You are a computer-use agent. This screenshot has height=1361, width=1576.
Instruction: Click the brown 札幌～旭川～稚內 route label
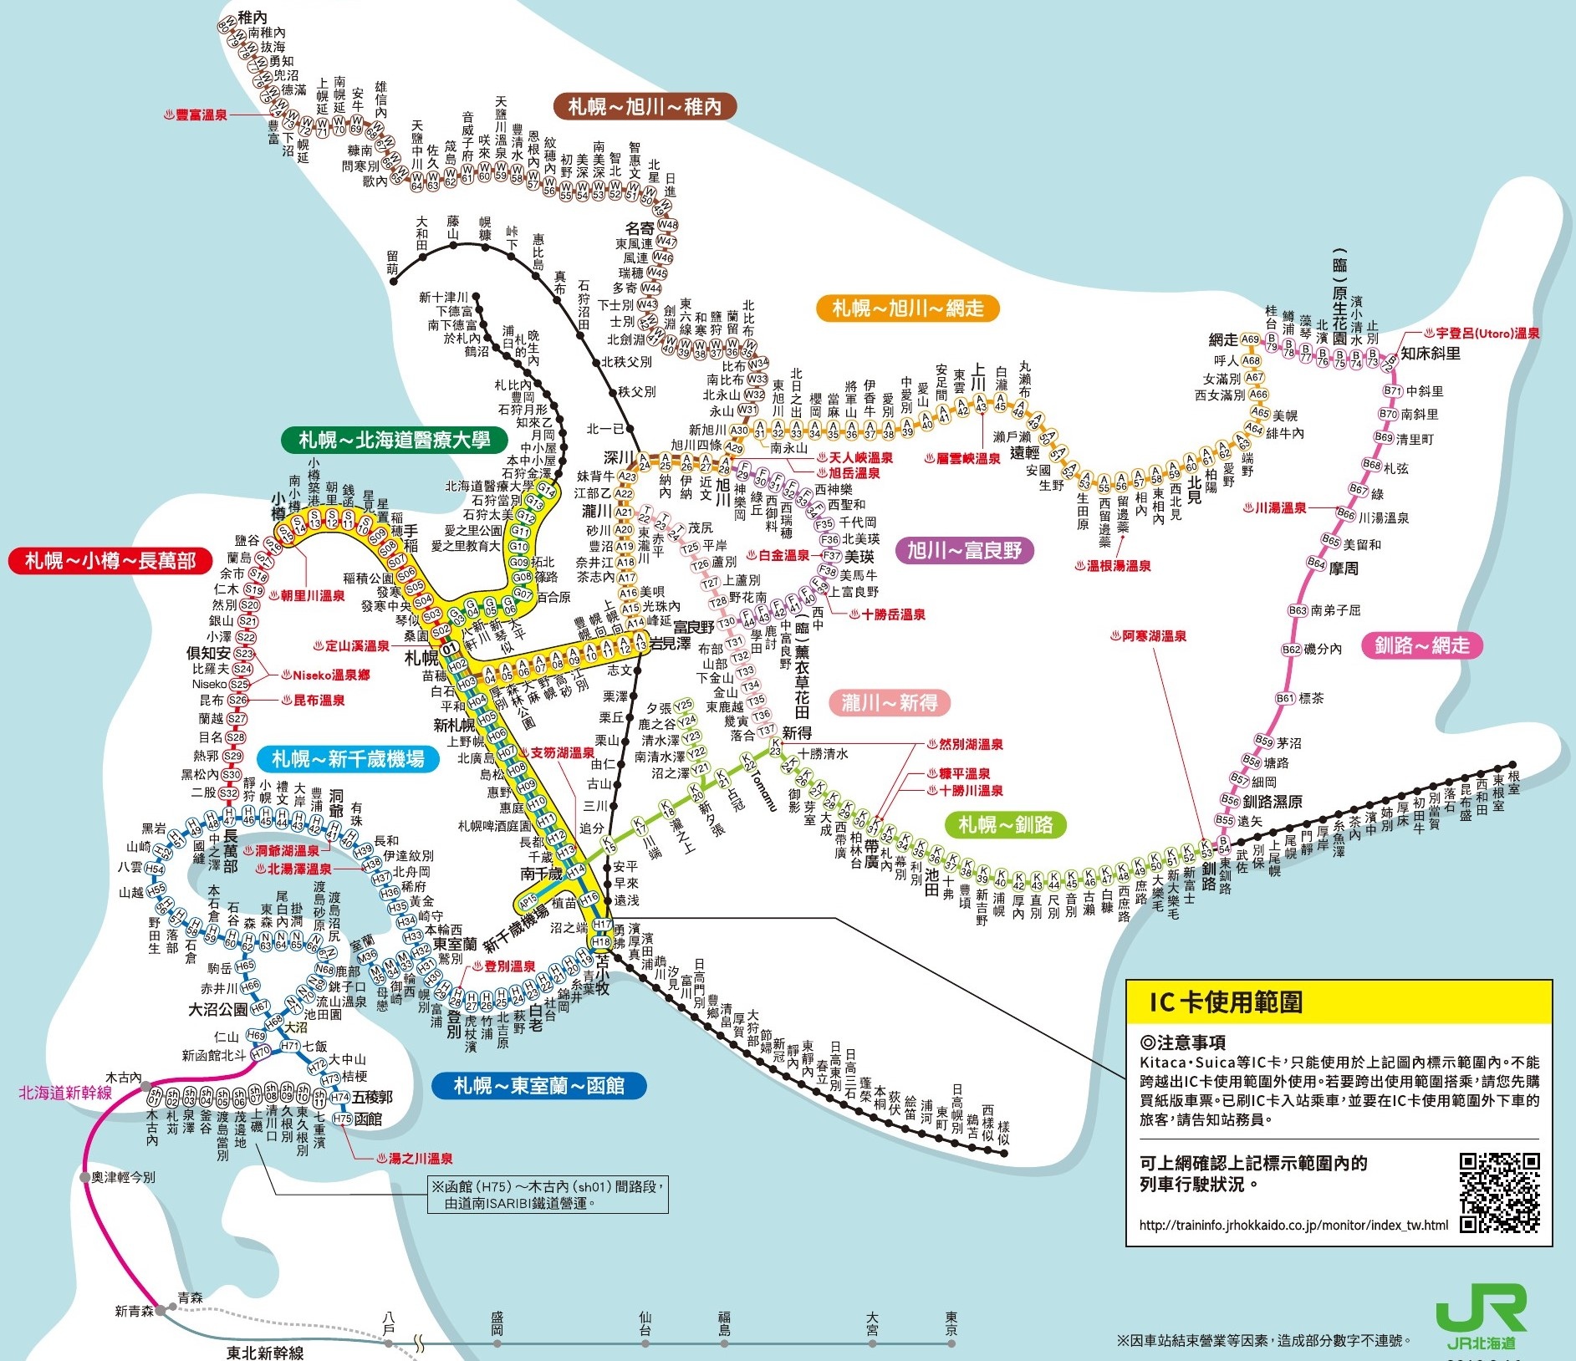tap(644, 106)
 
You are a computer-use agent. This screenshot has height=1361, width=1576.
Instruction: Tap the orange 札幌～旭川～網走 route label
tap(907, 308)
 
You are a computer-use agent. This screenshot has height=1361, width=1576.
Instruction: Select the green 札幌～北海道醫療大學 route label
tap(395, 440)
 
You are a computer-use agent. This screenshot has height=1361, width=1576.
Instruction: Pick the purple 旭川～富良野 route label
tap(964, 550)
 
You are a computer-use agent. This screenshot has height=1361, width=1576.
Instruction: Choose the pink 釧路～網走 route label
tap(1421, 645)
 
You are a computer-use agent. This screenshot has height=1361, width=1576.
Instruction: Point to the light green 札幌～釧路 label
tap(1006, 824)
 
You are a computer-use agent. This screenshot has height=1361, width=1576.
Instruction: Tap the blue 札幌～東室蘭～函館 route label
tap(538, 1085)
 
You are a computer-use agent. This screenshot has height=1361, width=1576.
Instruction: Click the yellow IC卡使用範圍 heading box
tap(1338, 1002)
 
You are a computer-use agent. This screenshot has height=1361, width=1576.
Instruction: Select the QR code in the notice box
tap(1499, 1192)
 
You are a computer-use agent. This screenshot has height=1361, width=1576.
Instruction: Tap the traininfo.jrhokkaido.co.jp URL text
tap(1293, 1226)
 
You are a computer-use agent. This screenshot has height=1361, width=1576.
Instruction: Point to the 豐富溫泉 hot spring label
tap(196, 115)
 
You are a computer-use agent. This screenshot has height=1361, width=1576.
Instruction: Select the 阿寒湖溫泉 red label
tap(1148, 636)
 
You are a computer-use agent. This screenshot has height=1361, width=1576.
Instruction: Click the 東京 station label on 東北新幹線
tap(951, 1323)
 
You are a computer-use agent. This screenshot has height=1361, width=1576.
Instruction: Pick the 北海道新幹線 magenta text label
tap(65, 1093)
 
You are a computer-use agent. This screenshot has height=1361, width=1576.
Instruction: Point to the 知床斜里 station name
tap(1431, 354)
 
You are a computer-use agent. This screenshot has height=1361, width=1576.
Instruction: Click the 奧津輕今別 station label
tap(122, 1177)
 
